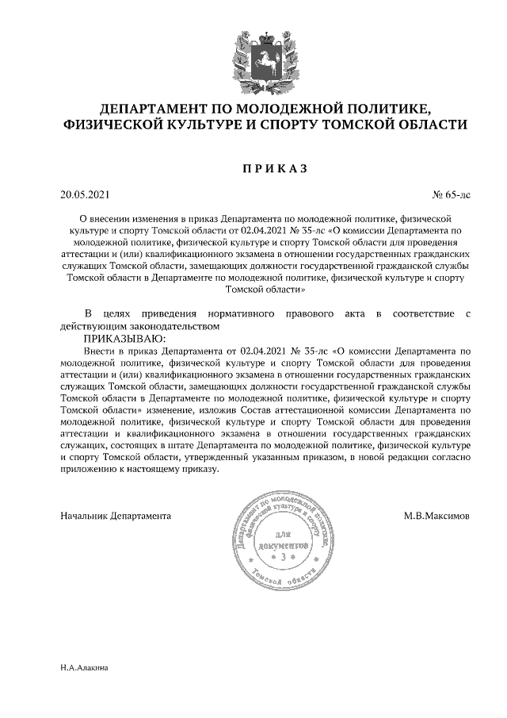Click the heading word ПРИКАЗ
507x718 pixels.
[273, 168]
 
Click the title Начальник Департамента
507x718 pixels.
[116, 516]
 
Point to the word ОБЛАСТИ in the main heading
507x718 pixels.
[427, 125]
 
